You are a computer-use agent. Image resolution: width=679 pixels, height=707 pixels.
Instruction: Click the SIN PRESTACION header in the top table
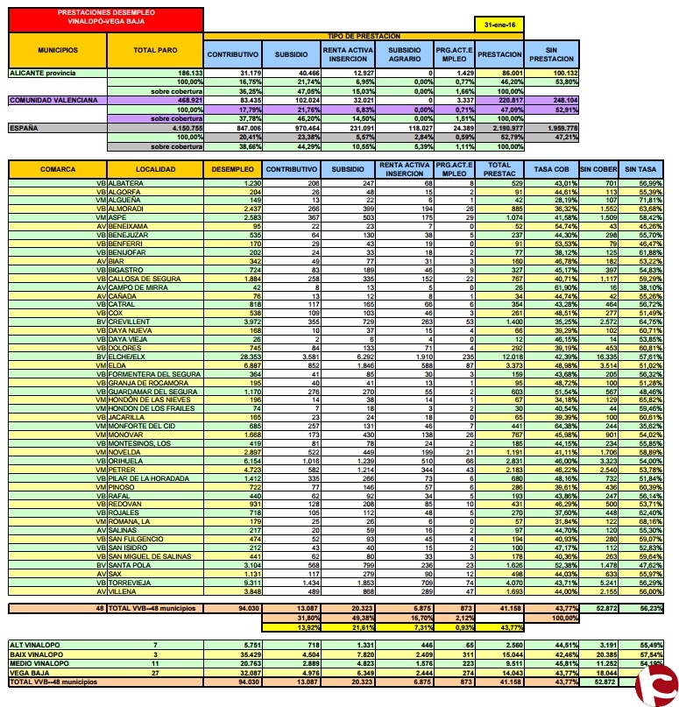pos(551,54)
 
